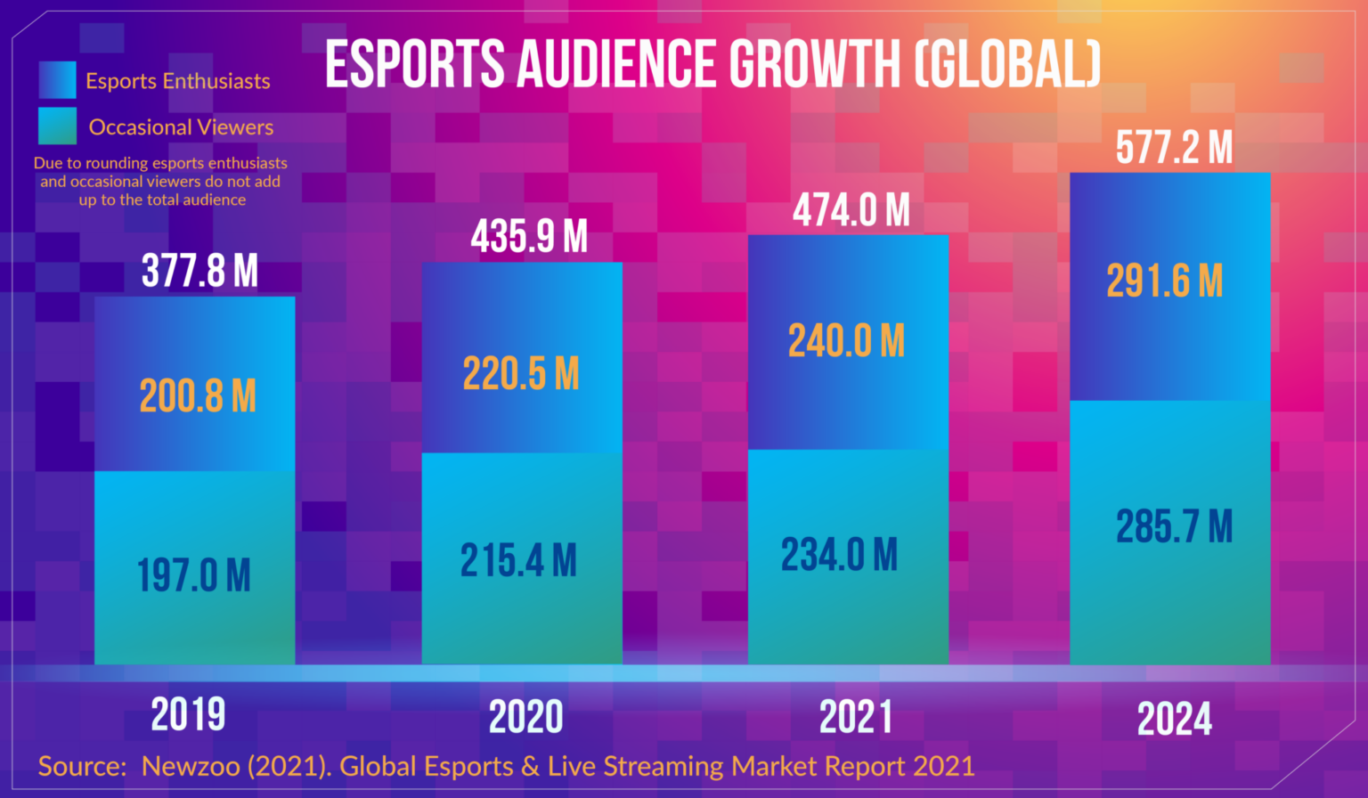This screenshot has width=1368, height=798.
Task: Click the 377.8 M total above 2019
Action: click(199, 271)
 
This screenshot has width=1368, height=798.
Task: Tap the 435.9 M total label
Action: click(529, 237)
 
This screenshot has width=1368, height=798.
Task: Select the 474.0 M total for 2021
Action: click(851, 211)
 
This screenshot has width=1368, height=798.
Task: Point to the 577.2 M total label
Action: click(1174, 148)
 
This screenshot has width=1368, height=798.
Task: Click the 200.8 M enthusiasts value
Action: click(198, 395)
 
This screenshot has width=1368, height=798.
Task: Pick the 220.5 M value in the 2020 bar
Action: click(521, 373)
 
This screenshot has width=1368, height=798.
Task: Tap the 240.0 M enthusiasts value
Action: click(846, 341)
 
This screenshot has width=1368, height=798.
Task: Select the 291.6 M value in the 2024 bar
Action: click(1165, 281)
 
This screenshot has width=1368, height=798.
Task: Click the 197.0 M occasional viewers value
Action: click(194, 575)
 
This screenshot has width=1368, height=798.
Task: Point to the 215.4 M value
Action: click(518, 561)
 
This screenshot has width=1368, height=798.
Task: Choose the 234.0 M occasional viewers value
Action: click(839, 555)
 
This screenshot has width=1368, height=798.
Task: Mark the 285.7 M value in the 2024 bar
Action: click(1174, 526)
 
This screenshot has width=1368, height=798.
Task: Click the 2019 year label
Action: click(188, 714)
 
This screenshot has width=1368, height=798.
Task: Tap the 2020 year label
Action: click(525, 717)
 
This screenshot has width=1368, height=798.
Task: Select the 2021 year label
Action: click(855, 717)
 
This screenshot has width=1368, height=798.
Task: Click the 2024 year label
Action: click(1174, 720)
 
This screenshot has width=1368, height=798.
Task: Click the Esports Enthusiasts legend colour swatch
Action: click(58, 80)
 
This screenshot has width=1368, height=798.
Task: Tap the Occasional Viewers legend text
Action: click(181, 127)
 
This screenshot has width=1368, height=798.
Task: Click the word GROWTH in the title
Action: click(815, 65)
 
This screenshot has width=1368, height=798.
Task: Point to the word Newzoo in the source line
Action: click(191, 766)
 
